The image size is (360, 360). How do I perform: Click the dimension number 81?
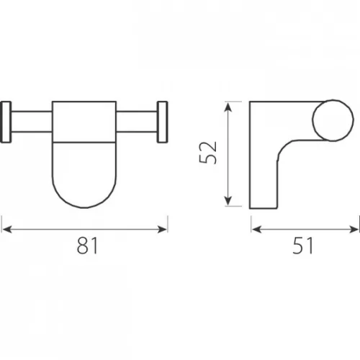(x=87, y=246)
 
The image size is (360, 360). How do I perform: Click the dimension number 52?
(x=208, y=153)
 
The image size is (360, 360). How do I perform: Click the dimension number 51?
(x=302, y=246)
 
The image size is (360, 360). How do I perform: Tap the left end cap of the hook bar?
(x=6, y=122)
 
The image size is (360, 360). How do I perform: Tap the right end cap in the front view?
(x=163, y=122)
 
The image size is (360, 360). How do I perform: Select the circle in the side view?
(x=333, y=120)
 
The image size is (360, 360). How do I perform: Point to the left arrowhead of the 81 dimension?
(x=6, y=229)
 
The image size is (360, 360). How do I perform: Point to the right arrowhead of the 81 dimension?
(x=162, y=229)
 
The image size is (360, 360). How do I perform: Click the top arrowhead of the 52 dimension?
(x=228, y=107)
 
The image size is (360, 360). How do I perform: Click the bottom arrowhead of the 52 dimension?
(x=228, y=200)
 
